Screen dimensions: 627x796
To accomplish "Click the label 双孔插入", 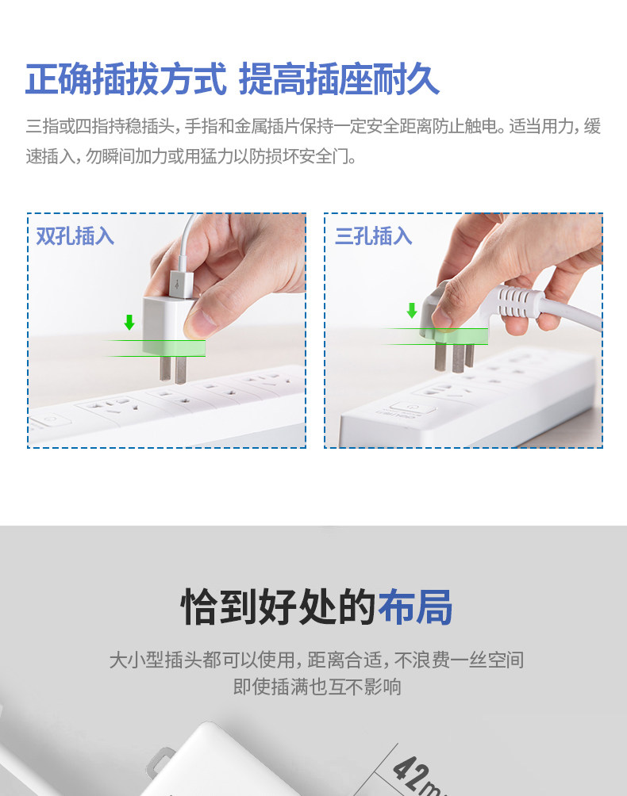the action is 75,236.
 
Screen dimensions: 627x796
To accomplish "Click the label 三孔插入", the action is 373,236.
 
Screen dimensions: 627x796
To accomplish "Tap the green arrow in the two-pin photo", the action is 129,322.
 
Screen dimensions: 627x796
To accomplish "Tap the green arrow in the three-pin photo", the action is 412,310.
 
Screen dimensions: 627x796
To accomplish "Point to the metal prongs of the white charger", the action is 172,369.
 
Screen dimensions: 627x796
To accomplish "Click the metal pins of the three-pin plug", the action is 454,358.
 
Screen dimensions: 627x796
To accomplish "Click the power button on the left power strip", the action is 50,421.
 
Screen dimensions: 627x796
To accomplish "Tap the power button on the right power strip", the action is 412,408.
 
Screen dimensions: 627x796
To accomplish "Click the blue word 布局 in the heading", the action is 414,607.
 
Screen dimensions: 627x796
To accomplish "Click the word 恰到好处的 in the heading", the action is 279,607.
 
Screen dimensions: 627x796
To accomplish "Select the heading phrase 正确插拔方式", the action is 126,79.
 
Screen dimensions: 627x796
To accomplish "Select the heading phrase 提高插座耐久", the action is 339,79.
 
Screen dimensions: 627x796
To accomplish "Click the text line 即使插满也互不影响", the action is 317,687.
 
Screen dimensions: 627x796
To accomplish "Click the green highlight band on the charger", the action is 174,348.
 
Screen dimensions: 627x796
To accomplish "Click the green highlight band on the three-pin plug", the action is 454,336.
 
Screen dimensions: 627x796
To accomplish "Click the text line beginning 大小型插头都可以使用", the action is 317,660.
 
